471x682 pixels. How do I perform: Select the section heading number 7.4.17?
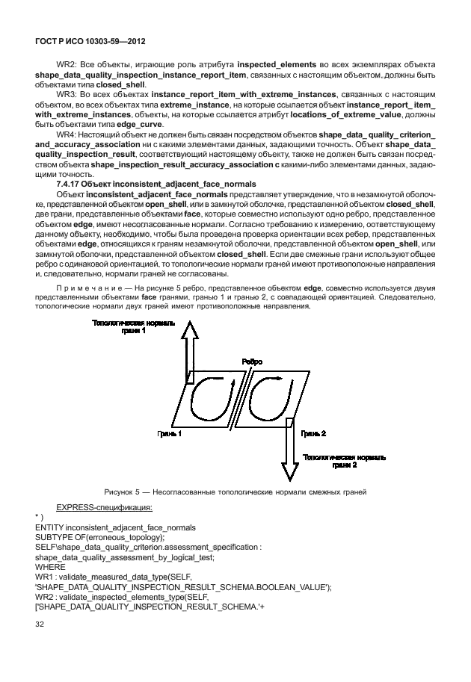pos(70,183)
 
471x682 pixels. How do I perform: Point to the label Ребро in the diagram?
pos(252,362)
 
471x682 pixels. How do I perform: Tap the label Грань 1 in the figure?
pos(169,433)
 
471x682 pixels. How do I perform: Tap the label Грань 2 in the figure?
pos(313,433)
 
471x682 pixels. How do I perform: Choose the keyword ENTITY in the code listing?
pos(51,527)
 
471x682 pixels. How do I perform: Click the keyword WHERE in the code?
pos(51,566)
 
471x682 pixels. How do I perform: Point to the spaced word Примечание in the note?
pos(89,287)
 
